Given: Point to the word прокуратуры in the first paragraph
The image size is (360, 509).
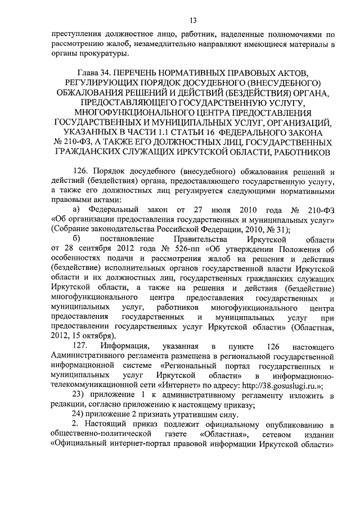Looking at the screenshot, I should pos(105,54).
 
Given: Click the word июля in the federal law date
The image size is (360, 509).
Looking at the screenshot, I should pos(206,210).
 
